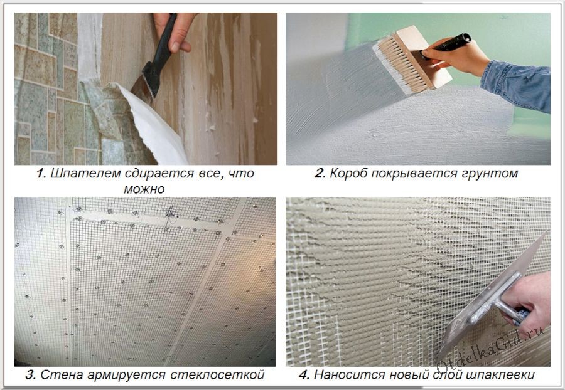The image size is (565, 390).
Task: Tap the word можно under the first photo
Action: pos(144,189)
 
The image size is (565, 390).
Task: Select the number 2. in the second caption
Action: pos(320,173)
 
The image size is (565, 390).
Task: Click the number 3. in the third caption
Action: pos(31,374)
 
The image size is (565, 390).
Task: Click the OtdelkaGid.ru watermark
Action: pos(491,349)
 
